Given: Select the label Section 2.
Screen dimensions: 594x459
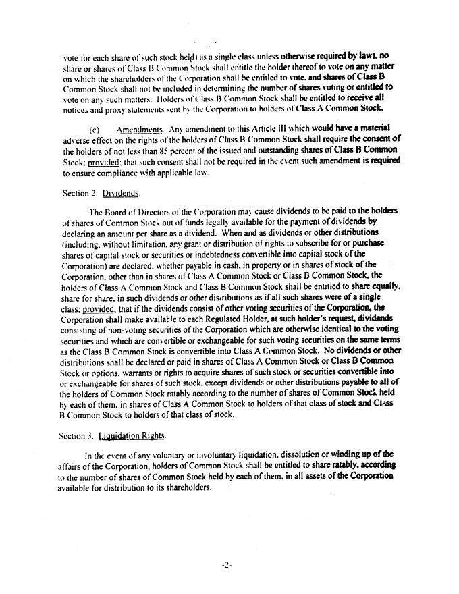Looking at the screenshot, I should (x=80, y=193).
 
